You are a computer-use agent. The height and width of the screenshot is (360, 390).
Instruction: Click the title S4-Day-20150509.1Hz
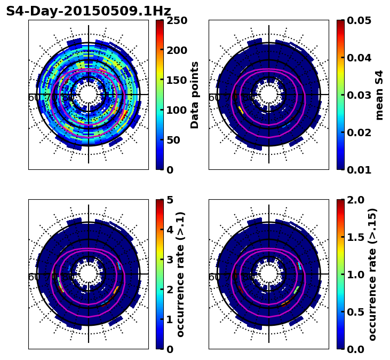coord(89,11)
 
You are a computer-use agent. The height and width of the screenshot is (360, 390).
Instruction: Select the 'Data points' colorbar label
coord(195,95)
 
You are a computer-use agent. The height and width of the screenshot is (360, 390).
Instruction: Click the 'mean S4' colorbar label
coord(379,95)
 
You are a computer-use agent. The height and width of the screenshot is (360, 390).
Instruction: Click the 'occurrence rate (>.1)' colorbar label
coord(180,275)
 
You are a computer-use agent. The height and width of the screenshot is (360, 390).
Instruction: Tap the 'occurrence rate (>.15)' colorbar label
coord(372,275)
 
